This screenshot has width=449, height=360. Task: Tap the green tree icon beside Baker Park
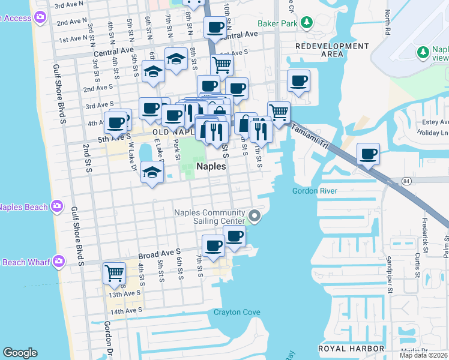point(307,23)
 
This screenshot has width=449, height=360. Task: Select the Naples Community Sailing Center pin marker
point(255,216)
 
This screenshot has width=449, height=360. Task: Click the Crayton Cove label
point(237,312)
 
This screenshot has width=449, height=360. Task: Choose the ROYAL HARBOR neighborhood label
point(351,348)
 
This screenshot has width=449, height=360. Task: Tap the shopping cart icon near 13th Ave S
point(114,274)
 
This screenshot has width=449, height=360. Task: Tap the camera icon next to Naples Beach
point(56,206)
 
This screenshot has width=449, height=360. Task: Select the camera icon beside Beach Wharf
point(58,261)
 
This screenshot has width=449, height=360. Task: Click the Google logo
point(20,353)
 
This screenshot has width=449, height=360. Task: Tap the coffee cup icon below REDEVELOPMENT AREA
point(298,81)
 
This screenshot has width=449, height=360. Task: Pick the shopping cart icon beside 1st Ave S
point(222,64)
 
